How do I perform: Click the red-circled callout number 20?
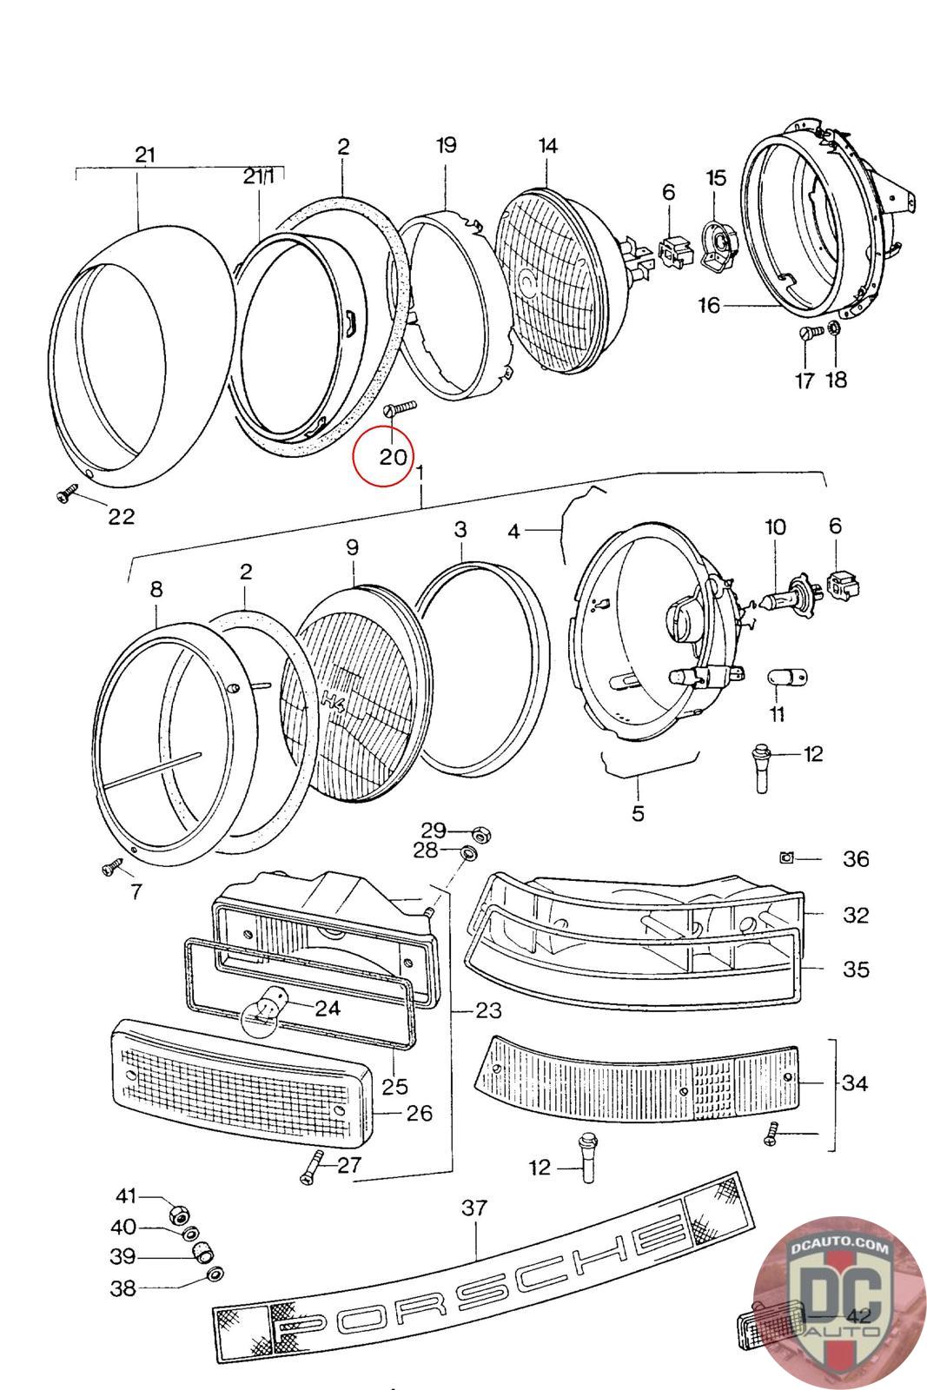coord(393,457)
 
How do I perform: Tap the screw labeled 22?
coord(67,494)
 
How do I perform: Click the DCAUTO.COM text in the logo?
coord(839,1246)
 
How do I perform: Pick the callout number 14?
coord(547,147)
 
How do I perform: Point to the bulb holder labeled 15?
coord(718,246)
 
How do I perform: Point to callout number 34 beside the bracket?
coord(854,1082)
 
